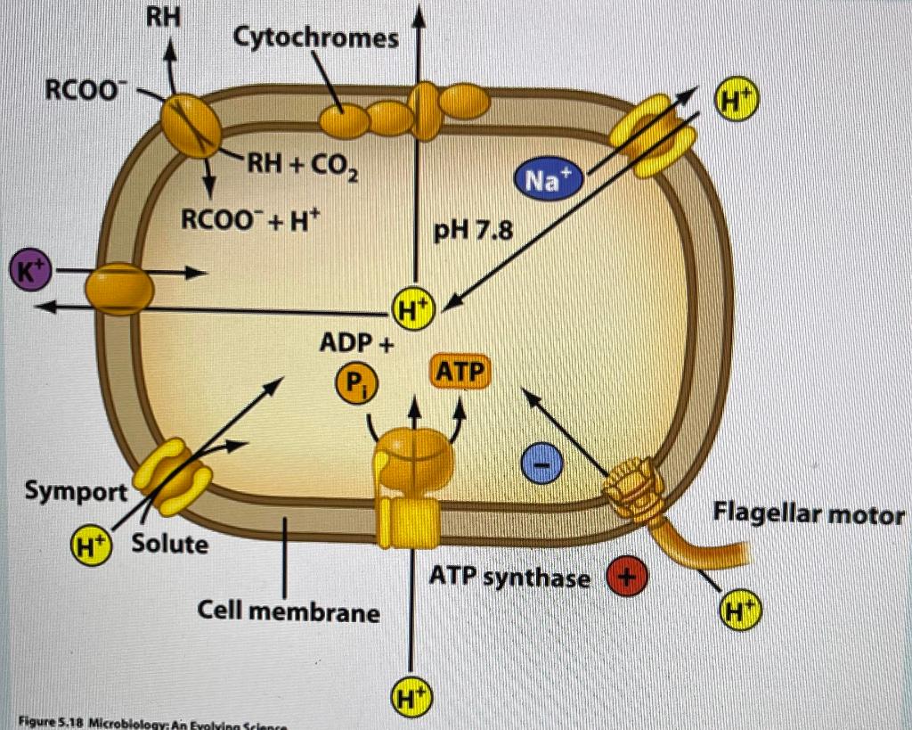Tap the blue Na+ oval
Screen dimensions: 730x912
pos(545,181)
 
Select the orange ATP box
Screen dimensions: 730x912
pos(461,372)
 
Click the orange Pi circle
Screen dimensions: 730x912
pos(355,384)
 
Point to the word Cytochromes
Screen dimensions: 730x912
pos(315,37)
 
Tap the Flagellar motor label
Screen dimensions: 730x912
pos(808,514)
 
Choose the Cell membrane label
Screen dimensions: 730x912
pos(288,612)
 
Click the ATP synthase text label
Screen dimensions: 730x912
pos(509,578)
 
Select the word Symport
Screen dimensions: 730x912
pos(75,490)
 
